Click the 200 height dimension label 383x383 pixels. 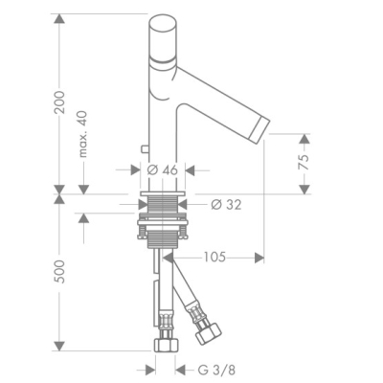pos(59,102)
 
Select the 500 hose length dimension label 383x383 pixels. pos(59,272)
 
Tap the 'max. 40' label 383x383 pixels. pos(82,134)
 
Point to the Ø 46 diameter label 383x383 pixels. pos(162,170)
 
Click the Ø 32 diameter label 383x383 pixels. pos(227,205)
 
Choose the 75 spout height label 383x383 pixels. pos(304,162)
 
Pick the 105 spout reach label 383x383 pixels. pos(214,257)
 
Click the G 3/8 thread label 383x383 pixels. pos(216,371)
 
